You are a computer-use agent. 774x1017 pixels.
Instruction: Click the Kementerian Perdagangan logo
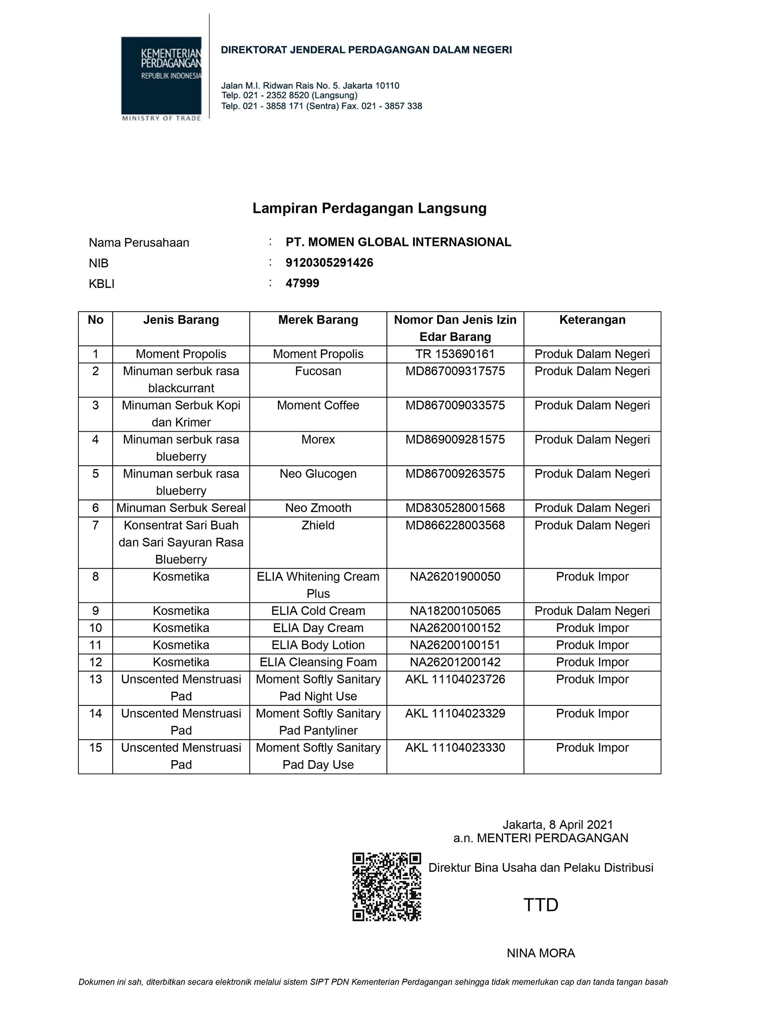pos(161,78)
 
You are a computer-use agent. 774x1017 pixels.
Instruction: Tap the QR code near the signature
pos(387,886)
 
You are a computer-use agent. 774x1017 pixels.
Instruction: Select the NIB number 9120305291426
pos(329,262)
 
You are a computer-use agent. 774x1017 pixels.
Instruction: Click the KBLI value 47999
pos(302,283)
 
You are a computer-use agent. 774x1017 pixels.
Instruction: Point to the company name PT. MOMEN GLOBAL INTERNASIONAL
pos(398,242)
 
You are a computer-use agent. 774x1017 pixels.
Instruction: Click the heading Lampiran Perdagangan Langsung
pos(369,208)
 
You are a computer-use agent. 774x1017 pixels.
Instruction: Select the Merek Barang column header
pos(318,320)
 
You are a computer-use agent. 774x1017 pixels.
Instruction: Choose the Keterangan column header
pos(592,320)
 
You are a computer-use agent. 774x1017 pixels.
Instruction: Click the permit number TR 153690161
pos(455,354)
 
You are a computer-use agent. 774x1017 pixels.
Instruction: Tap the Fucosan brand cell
pos(318,371)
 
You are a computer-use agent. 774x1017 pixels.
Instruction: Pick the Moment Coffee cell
pos(318,405)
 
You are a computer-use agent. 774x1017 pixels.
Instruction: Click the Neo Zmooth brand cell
pos(318,508)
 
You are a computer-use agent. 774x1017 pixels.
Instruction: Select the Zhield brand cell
pos(318,525)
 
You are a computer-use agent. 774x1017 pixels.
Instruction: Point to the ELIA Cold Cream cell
pos(318,611)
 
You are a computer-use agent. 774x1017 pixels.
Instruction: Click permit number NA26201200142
pos(455,662)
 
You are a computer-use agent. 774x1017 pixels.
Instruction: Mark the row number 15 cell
pos(95,748)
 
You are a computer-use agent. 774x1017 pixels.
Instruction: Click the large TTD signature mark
pos(541,905)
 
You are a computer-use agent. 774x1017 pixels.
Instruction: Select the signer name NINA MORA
pos(541,953)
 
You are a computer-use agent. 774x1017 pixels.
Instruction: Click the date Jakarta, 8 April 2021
pos(557,825)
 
